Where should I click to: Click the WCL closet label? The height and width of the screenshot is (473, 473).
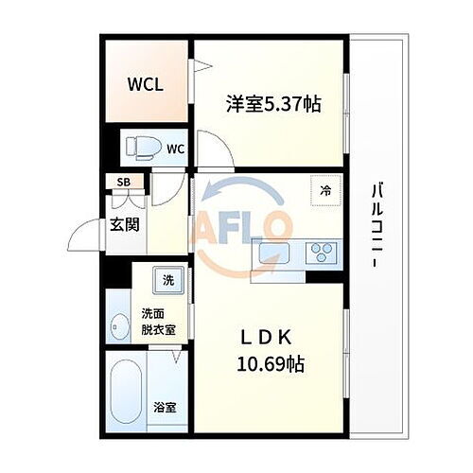tap(146, 84)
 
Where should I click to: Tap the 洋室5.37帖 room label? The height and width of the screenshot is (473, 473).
tap(272, 103)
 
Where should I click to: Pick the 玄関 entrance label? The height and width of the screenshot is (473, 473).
tap(123, 224)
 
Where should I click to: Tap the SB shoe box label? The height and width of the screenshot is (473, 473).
tap(124, 183)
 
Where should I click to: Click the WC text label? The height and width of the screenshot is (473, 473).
tap(175, 149)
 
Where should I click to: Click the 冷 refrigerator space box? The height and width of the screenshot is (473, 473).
tap(325, 190)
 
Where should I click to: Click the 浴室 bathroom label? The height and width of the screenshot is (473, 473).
tap(164, 408)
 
